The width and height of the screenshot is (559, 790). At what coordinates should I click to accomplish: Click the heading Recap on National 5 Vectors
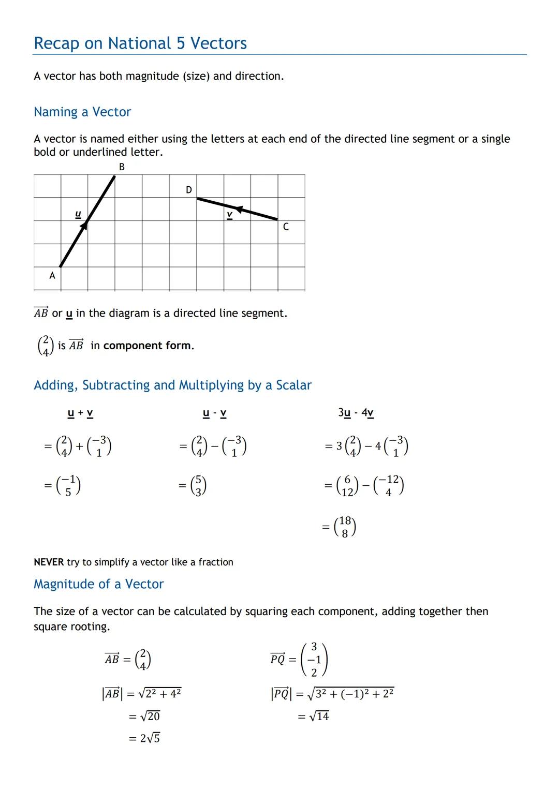coord(140,43)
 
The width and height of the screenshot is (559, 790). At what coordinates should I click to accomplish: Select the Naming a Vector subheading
coord(82,112)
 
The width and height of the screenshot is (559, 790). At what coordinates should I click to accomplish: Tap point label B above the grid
coord(122,167)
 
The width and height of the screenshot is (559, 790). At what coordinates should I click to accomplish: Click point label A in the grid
coord(52,276)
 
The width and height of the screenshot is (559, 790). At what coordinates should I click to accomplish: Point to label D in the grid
coord(188,190)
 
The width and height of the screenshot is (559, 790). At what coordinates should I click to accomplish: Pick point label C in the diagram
coord(286,227)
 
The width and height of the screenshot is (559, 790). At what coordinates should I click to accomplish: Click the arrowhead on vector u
coord(84,226)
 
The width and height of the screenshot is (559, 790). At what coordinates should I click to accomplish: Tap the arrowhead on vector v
coord(239,209)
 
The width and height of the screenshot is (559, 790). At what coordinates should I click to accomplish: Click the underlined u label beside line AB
coord(78,214)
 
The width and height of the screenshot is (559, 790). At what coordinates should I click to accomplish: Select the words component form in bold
coord(148,346)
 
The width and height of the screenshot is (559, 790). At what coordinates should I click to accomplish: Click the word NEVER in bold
coord(49,562)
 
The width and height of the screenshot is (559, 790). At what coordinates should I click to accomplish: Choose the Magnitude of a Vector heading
coord(98,584)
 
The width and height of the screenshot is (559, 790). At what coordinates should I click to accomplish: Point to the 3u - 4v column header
coord(356,413)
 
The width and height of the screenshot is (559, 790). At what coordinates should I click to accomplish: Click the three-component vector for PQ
coord(314,660)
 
